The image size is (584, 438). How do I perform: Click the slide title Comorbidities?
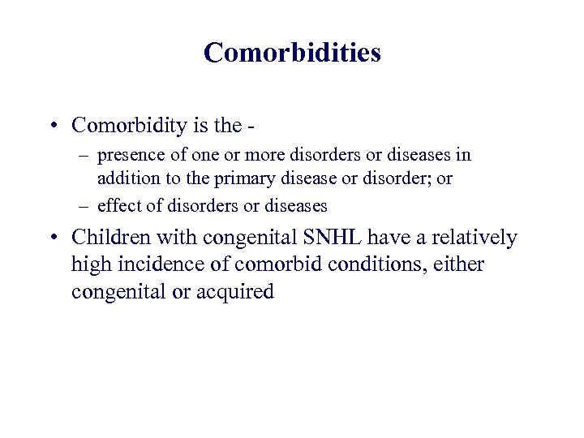[x=292, y=52]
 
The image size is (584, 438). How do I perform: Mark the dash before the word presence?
[x=84, y=154]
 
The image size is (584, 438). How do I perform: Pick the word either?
[x=459, y=265]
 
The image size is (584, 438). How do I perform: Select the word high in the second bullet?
[x=90, y=265]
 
